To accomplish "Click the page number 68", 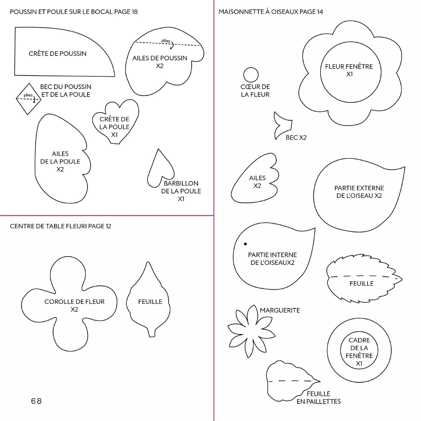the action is (36, 401).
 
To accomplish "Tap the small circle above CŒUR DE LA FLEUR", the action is (251, 75).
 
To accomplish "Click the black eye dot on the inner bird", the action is (245, 244).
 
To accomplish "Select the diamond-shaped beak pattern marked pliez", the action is (29, 99).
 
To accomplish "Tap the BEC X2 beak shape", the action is (282, 125).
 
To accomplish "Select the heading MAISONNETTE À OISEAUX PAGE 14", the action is (271, 12).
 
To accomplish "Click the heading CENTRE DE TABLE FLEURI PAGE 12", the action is (61, 226).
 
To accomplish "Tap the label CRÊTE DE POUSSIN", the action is (58, 54).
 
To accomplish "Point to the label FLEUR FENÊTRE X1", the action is (349, 70).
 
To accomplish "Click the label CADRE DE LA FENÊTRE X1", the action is (359, 352).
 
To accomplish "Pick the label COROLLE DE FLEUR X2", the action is (74, 305).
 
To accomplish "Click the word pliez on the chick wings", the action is (166, 41).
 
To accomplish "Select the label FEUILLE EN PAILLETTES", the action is (319, 397).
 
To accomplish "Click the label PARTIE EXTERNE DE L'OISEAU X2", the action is (359, 192).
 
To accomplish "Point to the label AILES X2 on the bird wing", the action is (257, 182).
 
